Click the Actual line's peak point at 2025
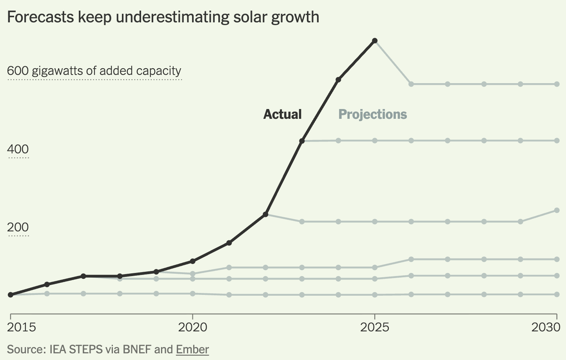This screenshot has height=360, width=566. [375, 41]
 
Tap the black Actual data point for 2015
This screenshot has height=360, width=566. [11, 295]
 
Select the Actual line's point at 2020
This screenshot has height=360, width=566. [192, 261]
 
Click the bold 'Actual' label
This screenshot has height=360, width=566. [282, 114]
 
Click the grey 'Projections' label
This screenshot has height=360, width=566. [372, 114]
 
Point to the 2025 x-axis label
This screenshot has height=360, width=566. [375, 327]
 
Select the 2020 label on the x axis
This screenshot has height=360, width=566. [192, 327]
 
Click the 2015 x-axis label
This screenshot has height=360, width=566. [22, 327]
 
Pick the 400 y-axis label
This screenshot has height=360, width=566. [18, 149]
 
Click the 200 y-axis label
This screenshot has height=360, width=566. [18, 227]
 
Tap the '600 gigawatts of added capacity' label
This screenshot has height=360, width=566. [94, 71]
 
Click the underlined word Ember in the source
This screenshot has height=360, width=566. [192, 349]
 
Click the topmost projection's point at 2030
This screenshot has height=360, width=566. [557, 84]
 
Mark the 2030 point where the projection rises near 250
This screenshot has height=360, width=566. [557, 211]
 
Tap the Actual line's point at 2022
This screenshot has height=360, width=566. [265, 215]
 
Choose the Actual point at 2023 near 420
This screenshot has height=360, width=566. [302, 141]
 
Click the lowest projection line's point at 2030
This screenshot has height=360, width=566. [557, 294]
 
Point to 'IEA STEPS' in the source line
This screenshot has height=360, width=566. [76, 349]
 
